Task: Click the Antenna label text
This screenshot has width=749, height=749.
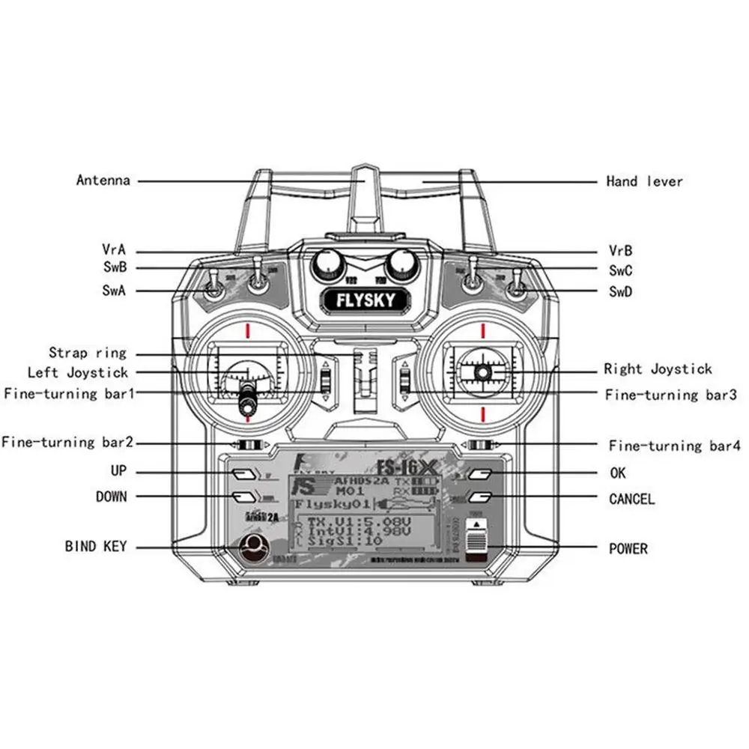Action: pyautogui.click(x=103, y=181)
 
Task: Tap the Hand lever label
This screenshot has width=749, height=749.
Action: pyautogui.click(x=644, y=181)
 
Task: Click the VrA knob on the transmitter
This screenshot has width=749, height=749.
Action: pyautogui.click(x=327, y=262)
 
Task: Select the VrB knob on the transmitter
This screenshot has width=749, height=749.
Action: pyautogui.click(x=402, y=262)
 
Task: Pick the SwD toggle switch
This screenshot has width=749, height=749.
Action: pyautogui.click(x=516, y=285)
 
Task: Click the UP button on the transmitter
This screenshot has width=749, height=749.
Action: pyautogui.click(x=242, y=473)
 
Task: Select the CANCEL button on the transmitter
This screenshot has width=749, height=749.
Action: pyautogui.click(x=481, y=497)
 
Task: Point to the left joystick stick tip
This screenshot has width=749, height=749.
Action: pyautogui.click(x=246, y=407)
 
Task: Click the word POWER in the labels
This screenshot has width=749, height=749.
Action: pyautogui.click(x=628, y=549)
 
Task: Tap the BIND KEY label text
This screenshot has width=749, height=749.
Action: pyautogui.click(x=96, y=547)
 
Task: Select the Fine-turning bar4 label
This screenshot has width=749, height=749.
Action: pyautogui.click(x=674, y=446)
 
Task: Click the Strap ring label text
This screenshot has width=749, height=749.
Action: pyautogui.click(x=88, y=353)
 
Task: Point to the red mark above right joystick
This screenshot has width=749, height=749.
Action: pyautogui.click(x=484, y=330)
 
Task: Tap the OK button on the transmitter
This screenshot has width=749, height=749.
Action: pyautogui.click(x=481, y=474)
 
